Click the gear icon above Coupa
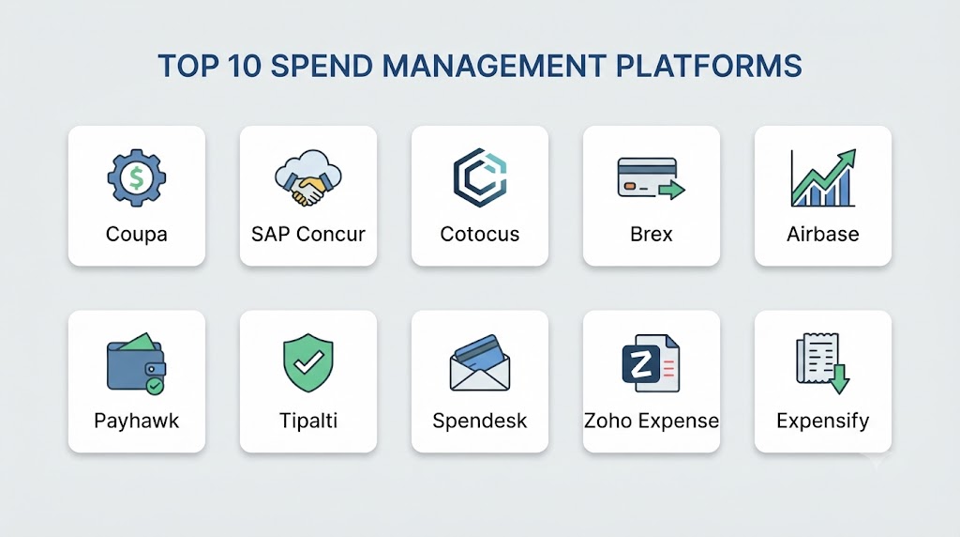(137, 177)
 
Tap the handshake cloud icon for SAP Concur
(307, 177)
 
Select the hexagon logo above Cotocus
(480, 177)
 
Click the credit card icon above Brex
(651, 178)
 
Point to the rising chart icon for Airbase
(823, 177)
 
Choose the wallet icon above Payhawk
(137, 363)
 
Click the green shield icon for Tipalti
(307, 363)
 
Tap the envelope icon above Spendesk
(480, 363)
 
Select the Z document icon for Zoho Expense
(651, 363)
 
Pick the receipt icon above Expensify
(823, 363)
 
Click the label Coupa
(137, 234)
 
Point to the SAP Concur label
(307, 234)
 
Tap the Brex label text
(651, 234)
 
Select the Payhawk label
(137, 421)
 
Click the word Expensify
(823, 421)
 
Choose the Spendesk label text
(480, 421)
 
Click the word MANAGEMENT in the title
(494, 67)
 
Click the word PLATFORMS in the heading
(709, 67)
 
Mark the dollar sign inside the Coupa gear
(137, 177)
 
